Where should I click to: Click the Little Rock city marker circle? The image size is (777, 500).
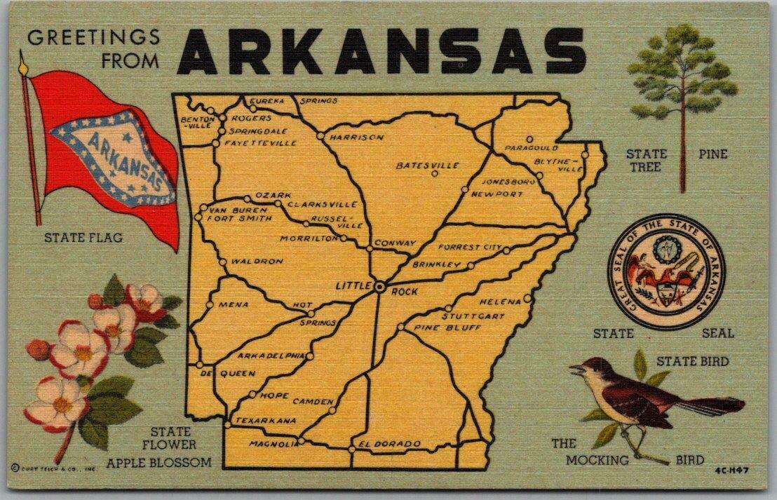(x=379, y=287)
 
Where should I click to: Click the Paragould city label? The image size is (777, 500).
(x=531, y=149)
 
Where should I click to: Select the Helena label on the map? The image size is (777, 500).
(x=501, y=302)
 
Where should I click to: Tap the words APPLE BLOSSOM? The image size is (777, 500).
(x=158, y=462)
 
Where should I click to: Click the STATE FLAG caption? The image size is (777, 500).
(x=83, y=238)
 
